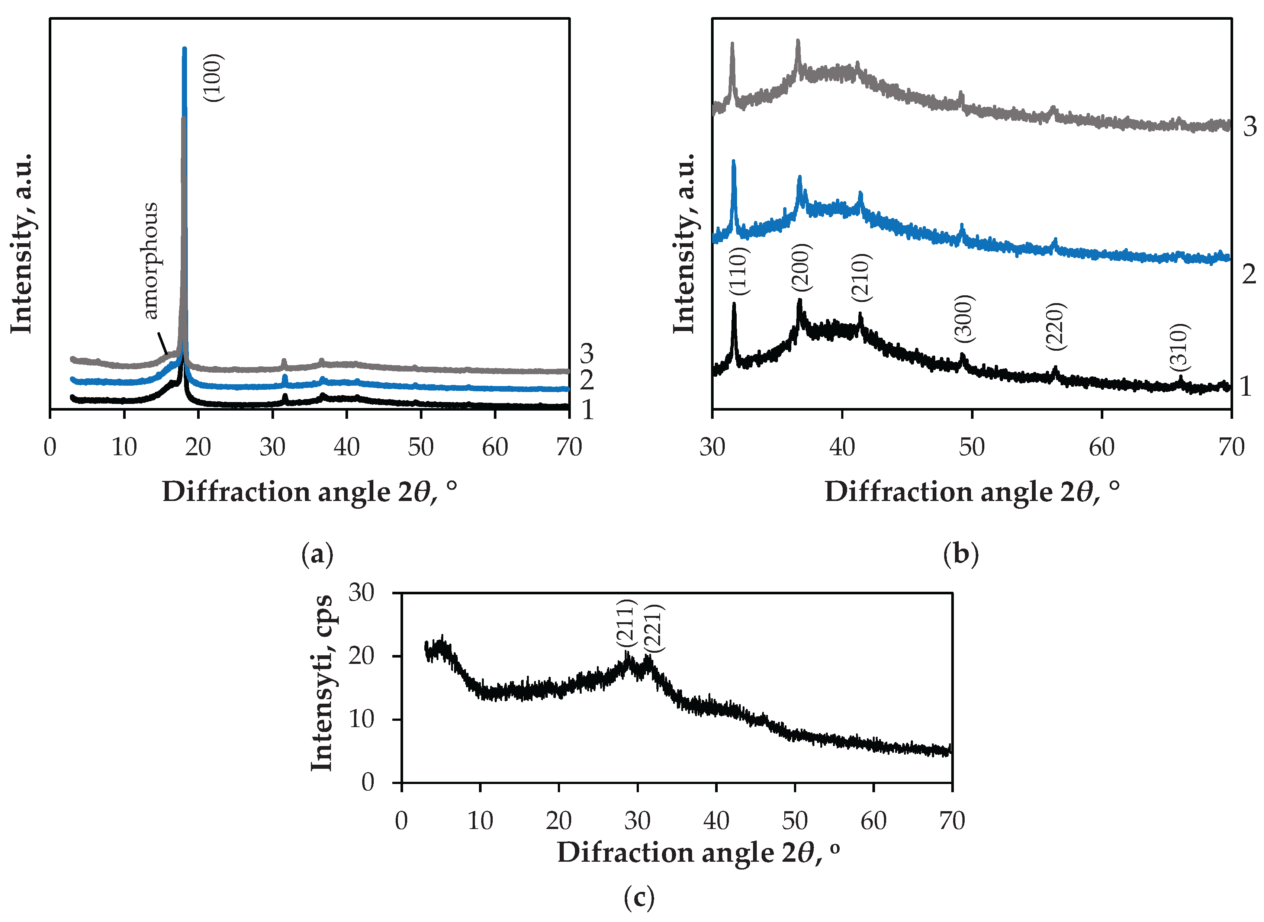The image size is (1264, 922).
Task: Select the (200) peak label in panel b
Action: click(802, 267)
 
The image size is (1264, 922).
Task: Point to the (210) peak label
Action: click(861, 277)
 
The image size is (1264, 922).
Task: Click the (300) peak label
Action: click(964, 319)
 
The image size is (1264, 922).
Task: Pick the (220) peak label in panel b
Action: click(1056, 327)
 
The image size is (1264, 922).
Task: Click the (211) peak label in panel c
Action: click(626, 624)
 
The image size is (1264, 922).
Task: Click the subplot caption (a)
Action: click(317, 555)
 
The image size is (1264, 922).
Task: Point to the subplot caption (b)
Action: click(961, 555)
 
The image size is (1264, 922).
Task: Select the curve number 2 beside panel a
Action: click(586, 380)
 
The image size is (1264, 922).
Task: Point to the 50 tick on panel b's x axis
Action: click(972, 447)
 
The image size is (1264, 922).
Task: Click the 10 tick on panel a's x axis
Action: click(124, 447)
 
